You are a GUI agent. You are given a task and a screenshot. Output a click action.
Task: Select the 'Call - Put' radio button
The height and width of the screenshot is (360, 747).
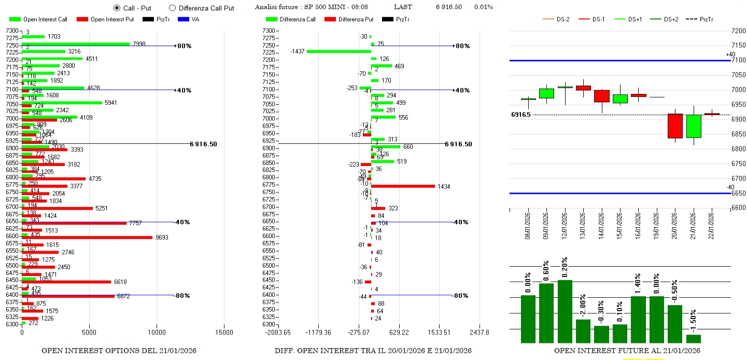(x=117, y=8)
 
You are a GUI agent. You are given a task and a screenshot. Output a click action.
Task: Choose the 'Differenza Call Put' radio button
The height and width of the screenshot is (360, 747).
(x=172, y=8)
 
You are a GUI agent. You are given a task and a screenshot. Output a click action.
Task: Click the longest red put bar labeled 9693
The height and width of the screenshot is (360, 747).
(x=87, y=237)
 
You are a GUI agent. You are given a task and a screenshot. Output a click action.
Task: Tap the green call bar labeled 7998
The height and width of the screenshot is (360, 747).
(x=76, y=44)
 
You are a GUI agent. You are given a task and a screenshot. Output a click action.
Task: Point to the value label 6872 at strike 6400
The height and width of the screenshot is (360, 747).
(x=123, y=296)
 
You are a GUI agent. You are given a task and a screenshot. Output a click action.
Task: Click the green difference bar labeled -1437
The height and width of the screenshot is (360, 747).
(x=339, y=51)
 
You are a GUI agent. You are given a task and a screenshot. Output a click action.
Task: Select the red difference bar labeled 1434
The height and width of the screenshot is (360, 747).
(x=403, y=186)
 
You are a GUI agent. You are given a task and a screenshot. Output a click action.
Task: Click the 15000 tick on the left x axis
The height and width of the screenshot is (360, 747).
(x=224, y=332)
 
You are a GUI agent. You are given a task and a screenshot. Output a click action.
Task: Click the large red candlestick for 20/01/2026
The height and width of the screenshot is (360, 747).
(x=675, y=126)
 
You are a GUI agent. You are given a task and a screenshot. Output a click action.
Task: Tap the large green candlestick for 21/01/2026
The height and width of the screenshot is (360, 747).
(x=694, y=126)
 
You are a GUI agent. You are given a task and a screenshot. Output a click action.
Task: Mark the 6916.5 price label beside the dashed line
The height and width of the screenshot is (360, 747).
(x=520, y=115)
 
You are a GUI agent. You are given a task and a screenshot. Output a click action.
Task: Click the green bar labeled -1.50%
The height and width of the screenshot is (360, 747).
(x=694, y=339)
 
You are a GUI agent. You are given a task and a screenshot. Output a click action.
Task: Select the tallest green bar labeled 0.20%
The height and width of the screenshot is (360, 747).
(x=565, y=311)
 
